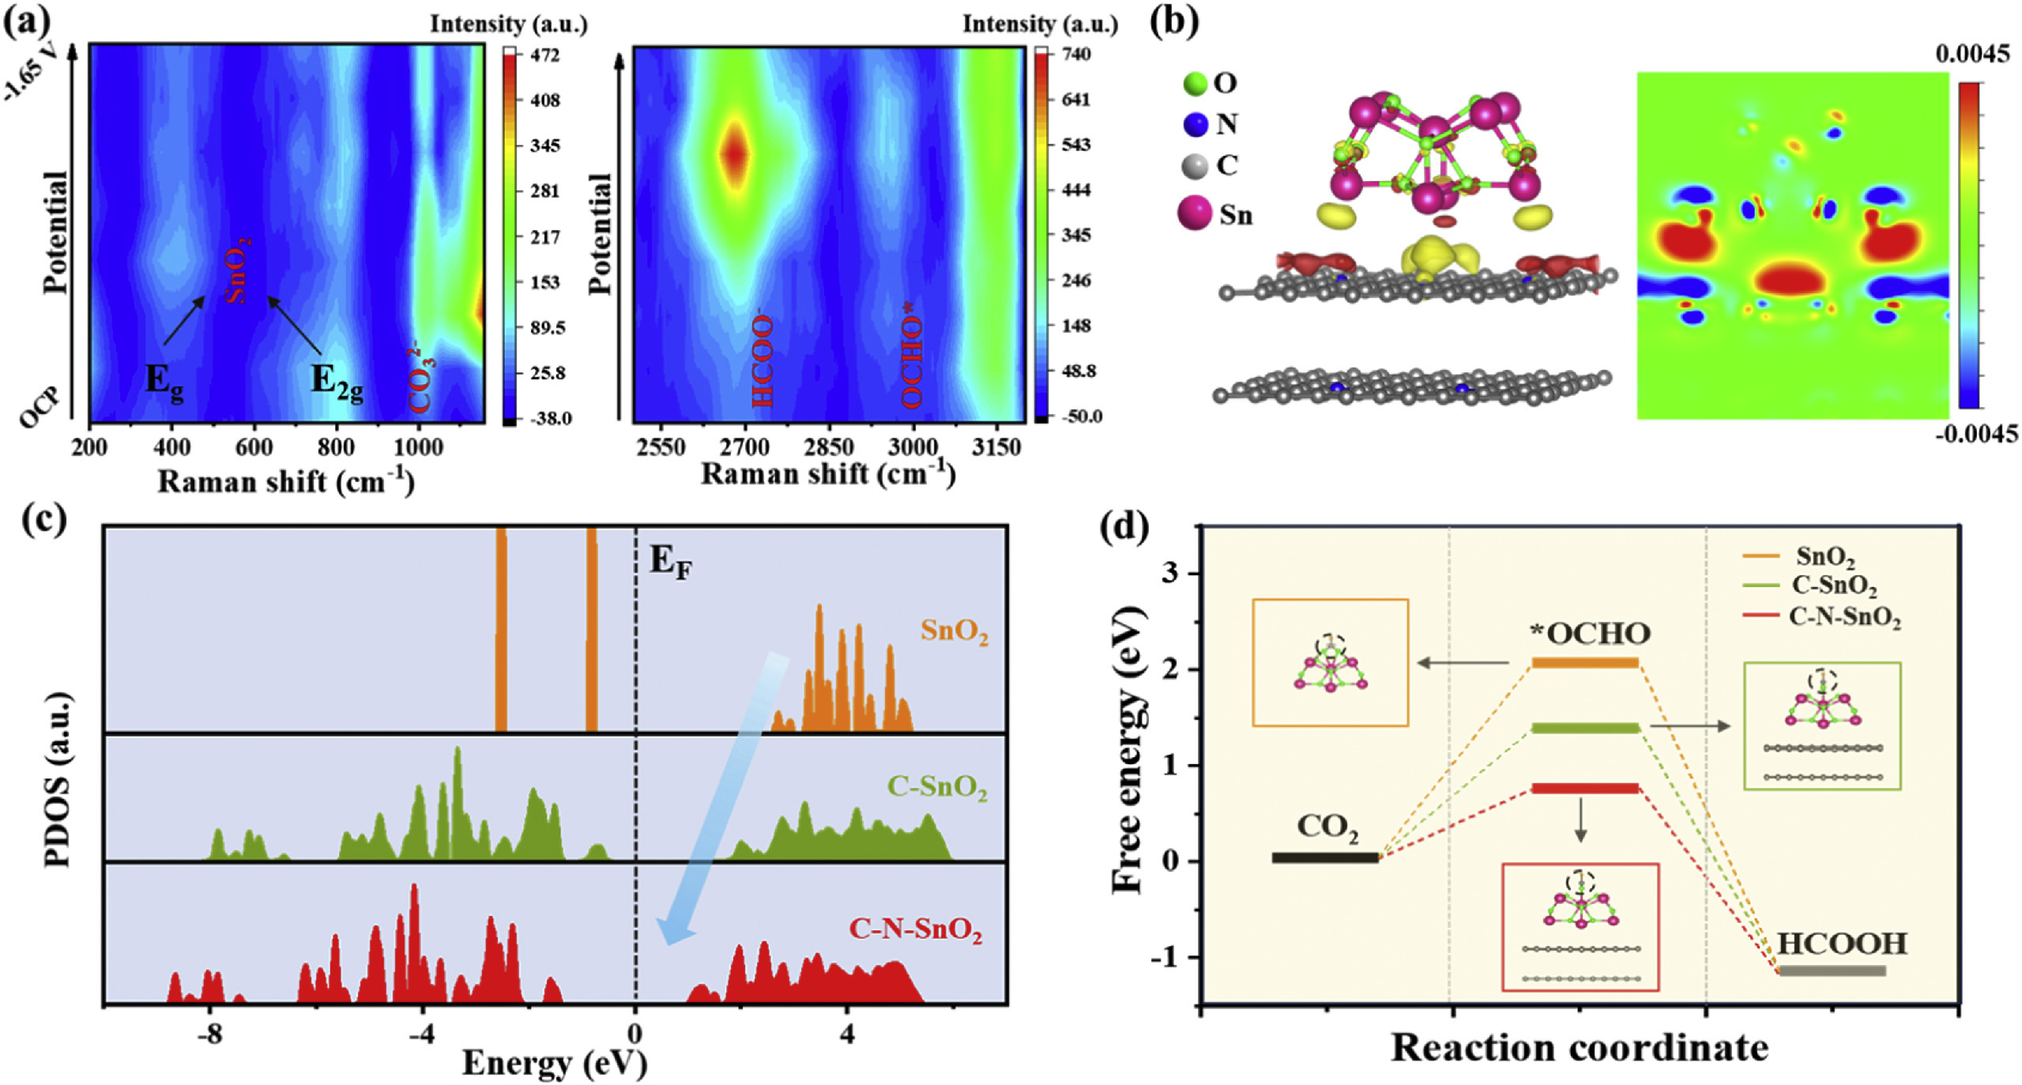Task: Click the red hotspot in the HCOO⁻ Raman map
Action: tap(735, 153)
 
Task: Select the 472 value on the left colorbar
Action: tap(545, 55)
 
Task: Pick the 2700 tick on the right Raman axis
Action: tap(744, 448)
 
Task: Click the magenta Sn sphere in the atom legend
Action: tap(1194, 213)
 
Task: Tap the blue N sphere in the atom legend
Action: tap(1195, 124)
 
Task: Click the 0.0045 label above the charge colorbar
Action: tap(1972, 55)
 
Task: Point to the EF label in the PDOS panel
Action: tap(670, 563)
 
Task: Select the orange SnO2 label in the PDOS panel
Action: tap(954, 631)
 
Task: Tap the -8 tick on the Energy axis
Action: tap(209, 1036)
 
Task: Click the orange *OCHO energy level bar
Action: tap(1585, 662)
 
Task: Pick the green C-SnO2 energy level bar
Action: tap(1585, 728)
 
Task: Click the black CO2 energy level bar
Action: tap(1325, 857)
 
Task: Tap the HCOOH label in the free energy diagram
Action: tap(1842, 944)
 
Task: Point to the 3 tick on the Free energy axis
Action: tap(1172, 573)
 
